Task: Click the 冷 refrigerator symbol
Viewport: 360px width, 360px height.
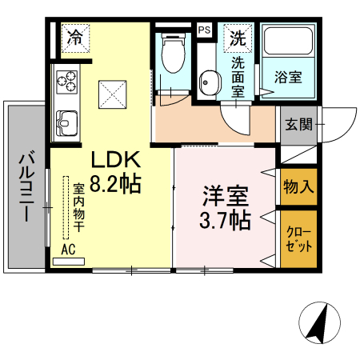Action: [x=76, y=37]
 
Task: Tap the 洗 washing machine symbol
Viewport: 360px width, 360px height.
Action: [x=238, y=37]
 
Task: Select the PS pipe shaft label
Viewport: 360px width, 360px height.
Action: [x=205, y=30]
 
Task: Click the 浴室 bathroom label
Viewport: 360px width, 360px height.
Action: [x=288, y=78]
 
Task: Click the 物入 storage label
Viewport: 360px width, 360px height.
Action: [x=298, y=187]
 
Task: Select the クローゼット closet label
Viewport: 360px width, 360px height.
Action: [x=298, y=238]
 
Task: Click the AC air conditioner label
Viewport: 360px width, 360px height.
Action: [x=69, y=249]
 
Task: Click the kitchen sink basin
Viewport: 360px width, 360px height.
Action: [x=66, y=122]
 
